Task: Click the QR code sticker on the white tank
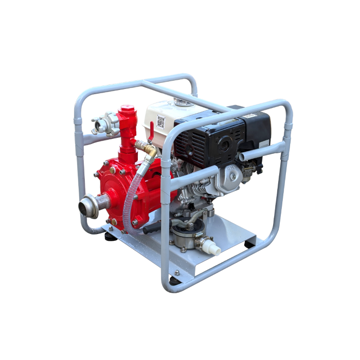(161, 122)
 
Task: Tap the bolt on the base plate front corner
(176, 273)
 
